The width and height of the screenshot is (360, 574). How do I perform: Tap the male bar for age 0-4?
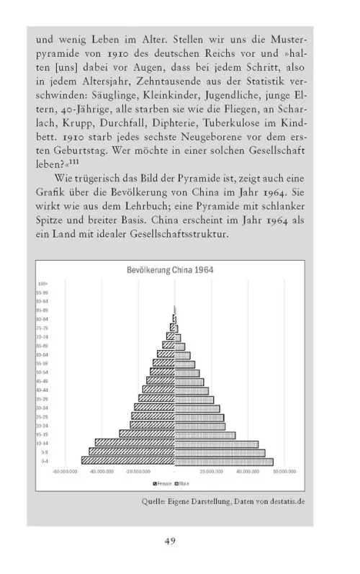click(223, 461)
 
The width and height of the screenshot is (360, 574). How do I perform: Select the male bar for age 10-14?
click(216, 444)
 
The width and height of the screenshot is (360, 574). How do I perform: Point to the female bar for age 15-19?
click(147, 434)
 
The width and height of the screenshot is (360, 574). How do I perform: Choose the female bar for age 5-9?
click(132, 452)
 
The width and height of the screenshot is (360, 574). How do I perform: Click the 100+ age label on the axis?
click(43, 284)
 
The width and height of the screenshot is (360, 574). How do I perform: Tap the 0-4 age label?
click(44, 461)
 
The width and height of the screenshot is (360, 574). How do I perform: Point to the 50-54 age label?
click(44, 372)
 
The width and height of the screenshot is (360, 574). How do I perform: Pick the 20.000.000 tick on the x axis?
click(211, 472)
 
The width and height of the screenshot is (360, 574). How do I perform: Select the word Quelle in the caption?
click(153, 502)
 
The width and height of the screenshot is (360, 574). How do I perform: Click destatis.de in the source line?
click(283, 502)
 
